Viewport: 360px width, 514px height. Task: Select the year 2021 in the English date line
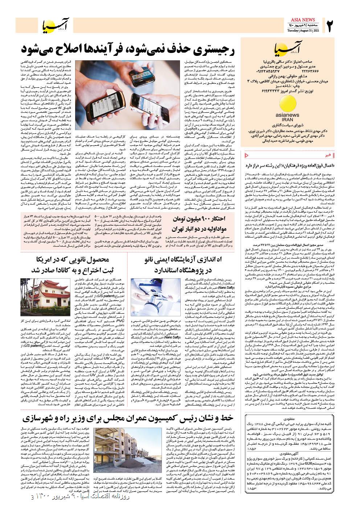pos(316,30)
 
